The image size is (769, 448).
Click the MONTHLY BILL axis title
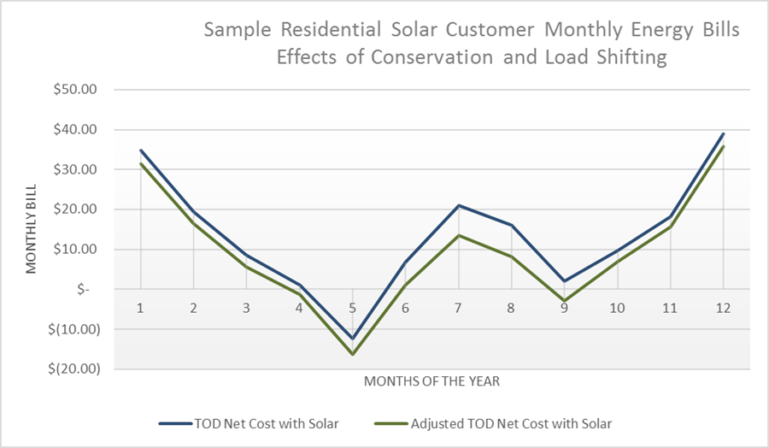point(32,229)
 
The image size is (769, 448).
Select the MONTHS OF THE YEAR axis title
point(431,381)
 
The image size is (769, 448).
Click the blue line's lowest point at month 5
point(352,339)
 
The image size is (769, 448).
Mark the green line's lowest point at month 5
point(352,354)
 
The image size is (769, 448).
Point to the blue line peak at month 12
point(723,133)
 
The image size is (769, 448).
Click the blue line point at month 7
point(458,205)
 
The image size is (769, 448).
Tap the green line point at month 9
point(564,301)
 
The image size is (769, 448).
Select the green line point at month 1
point(140,163)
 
